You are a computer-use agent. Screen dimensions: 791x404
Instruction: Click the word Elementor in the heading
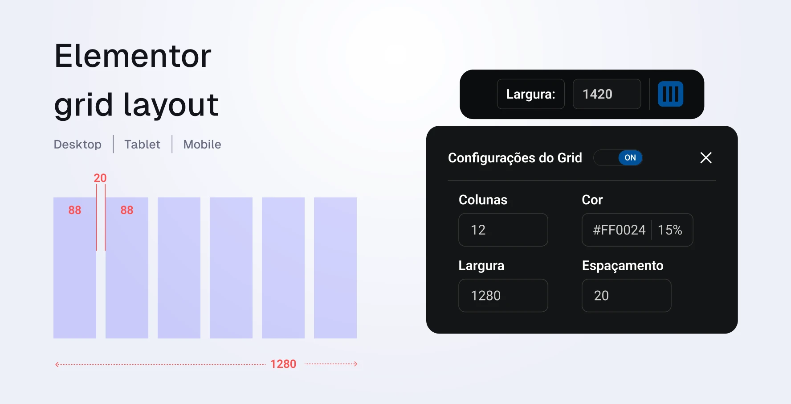133,56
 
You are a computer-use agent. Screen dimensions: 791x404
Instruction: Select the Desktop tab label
77,144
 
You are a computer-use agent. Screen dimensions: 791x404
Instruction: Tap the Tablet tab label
142,144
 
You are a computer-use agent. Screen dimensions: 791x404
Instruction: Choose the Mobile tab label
202,144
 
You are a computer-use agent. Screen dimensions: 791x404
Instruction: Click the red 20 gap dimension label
100,178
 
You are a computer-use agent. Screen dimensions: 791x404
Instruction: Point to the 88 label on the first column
75,210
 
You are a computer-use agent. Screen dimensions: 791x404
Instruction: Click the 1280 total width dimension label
283,364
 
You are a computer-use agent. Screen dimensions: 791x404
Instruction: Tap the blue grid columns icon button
670,94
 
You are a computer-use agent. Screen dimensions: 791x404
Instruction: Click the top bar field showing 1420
607,94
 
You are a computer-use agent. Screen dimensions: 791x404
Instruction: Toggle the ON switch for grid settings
618,158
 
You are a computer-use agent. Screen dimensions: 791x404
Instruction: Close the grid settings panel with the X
706,158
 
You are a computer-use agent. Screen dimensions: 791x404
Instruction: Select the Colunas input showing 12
503,230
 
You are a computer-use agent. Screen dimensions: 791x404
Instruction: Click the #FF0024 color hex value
619,230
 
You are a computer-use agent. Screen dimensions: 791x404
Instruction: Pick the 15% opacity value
670,230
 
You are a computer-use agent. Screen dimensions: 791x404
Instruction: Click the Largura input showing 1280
503,296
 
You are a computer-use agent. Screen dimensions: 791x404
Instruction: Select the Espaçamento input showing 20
627,296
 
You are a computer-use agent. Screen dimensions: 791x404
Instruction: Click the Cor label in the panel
592,200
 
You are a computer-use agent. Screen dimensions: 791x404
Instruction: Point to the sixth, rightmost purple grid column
335,268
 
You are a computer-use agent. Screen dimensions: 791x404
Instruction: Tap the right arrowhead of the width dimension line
356,364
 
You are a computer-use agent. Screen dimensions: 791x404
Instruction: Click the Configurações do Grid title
515,158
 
